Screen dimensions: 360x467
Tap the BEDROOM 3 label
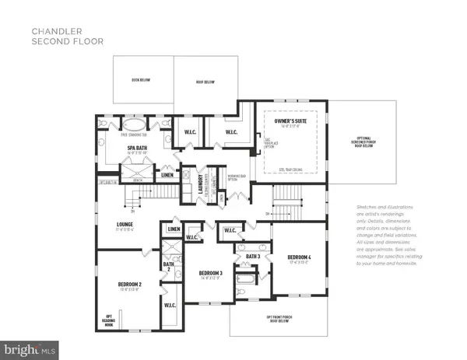[211, 273]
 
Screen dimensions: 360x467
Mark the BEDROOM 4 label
[300, 257]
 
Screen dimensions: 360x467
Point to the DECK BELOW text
[141, 79]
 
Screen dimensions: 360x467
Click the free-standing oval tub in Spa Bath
[135, 127]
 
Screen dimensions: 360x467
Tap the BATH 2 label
[169, 267]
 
